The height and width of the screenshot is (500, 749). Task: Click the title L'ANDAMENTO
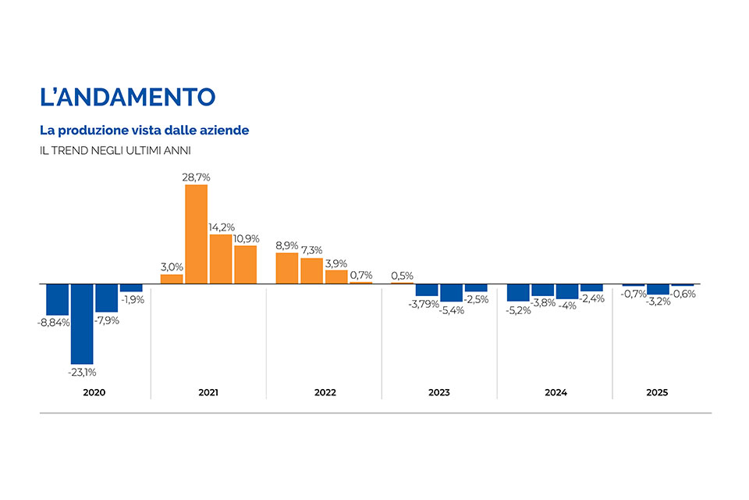(127, 97)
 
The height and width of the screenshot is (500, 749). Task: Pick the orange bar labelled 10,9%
(246, 264)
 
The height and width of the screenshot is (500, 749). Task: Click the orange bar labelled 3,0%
(172, 278)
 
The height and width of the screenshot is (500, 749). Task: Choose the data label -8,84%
(54, 322)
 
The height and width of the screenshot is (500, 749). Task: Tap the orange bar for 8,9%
(287, 268)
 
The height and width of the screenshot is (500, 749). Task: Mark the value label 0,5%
(402, 276)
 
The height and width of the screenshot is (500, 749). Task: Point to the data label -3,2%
(658, 302)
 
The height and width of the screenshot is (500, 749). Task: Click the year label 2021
(208, 392)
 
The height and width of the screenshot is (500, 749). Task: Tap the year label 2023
(439, 392)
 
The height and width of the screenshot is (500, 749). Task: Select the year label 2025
(658, 392)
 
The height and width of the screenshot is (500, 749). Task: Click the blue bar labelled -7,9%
(106, 298)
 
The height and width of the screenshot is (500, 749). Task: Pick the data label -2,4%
(592, 298)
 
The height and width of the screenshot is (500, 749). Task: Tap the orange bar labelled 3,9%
(336, 276)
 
